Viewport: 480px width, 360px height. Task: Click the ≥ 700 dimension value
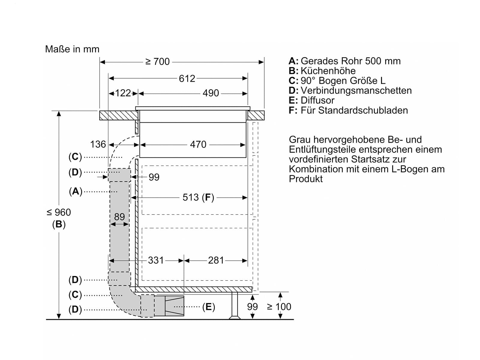[x=157, y=61]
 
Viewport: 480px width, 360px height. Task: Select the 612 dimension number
[x=187, y=79]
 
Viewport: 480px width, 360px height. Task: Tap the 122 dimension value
[x=123, y=93]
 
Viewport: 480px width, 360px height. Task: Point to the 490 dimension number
[x=211, y=93]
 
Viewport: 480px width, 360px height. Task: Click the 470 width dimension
[x=198, y=145]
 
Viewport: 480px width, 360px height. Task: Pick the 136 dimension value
[x=98, y=144]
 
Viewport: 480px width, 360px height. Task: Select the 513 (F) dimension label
[x=198, y=197]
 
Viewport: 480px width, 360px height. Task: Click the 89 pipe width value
[x=119, y=217]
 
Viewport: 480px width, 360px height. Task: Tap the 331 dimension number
[x=156, y=260]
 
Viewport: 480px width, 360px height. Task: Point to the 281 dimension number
[x=216, y=260]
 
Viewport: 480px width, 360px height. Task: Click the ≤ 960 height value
[x=59, y=212]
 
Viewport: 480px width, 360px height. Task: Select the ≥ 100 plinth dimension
[x=279, y=307]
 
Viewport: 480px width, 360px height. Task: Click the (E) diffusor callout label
[x=208, y=307]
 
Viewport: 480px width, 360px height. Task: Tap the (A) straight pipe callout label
[x=76, y=191]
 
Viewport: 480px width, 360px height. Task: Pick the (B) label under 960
[x=59, y=224]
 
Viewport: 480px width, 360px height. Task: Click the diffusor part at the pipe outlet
[x=174, y=306]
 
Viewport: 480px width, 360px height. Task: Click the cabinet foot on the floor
[x=235, y=306]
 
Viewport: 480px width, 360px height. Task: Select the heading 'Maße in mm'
[x=72, y=49]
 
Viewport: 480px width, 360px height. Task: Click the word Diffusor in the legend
[x=317, y=100]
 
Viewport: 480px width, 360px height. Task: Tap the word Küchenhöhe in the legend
[x=328, y=71]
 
